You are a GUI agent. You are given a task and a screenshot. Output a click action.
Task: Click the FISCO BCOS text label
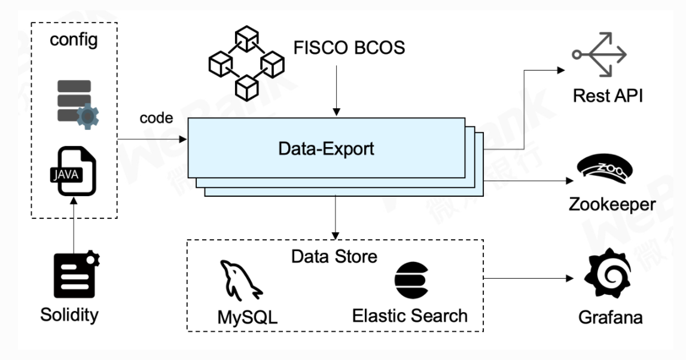[349, 47]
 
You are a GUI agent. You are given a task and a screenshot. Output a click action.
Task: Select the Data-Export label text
[326, 148]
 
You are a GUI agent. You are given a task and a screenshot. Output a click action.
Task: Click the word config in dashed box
[74, 40]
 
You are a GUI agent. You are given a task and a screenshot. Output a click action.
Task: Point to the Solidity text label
[69, 314]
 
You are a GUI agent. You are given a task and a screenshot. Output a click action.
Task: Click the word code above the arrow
[156, 118]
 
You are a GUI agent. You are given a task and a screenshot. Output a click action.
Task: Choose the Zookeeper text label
[611, 205]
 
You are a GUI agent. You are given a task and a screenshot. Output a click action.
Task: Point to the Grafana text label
[610, 316]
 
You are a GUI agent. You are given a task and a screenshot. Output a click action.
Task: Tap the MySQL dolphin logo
[241, 279]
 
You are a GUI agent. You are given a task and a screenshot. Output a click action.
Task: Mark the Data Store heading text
[334, 257]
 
